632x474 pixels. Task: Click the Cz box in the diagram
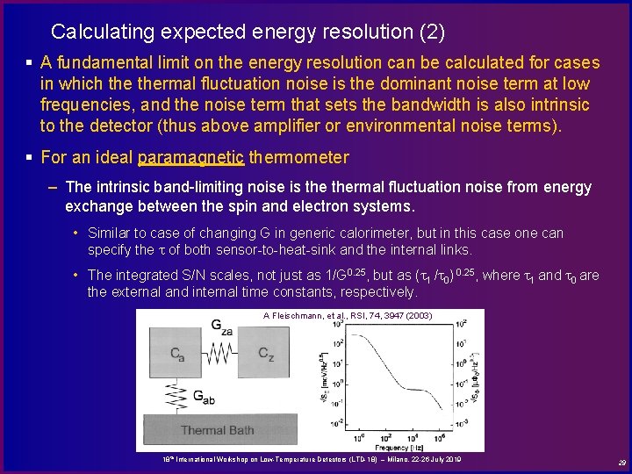[x=266, y=354]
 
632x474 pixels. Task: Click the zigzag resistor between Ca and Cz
[x=222, y=354]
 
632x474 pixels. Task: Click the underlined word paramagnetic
[x=191, y=158]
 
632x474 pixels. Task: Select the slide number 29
[x=621, y=463]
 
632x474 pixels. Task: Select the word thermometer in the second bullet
[x=299, y=158]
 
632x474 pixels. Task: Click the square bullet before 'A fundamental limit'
[x=29, y=63]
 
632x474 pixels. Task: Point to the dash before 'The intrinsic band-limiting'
[x=54, y=187]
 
